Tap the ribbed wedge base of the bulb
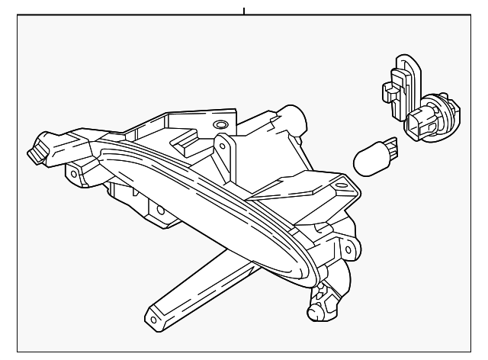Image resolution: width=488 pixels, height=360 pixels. [x=390, y=144]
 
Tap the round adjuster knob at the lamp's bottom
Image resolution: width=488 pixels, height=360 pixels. [x=315, y=311]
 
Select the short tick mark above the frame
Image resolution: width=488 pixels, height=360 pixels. [x=244, y=11]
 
